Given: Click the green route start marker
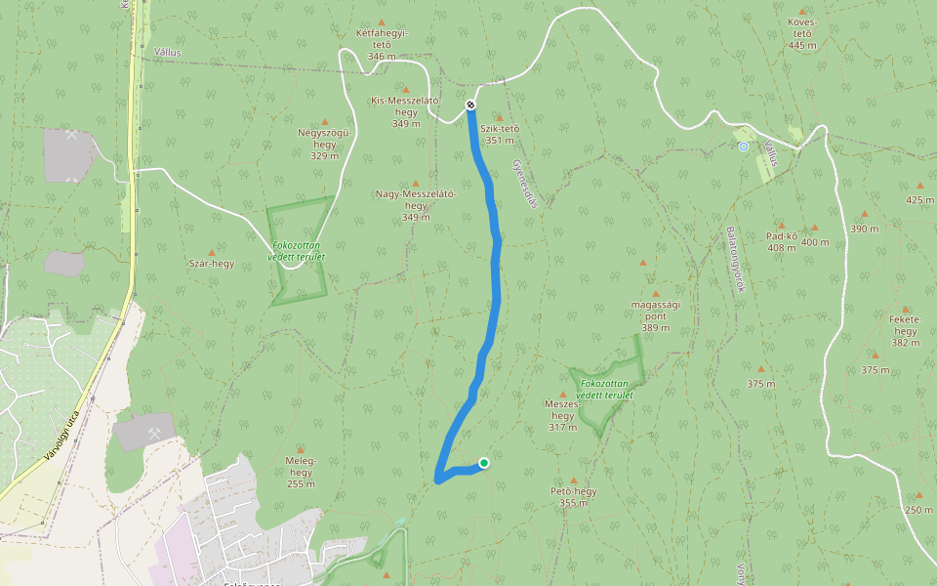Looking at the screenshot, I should (483, 463).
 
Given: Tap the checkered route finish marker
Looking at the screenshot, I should (470, 105).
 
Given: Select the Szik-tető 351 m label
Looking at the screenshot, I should (500, 134).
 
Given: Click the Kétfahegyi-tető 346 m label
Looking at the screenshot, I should (382, 44).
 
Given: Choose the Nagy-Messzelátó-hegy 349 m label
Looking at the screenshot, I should (416, 204).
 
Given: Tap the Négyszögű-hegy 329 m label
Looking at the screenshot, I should (324, 144).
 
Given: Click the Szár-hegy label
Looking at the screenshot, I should (212, 263).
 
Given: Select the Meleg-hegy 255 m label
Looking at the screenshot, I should (301, 472).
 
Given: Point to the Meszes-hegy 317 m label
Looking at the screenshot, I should (563, 414).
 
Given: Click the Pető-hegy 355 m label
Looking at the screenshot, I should (574, 497).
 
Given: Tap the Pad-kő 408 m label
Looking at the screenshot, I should (782, 241).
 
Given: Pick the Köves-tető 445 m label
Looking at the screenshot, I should (802, 33).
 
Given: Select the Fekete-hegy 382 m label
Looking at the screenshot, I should (906, 330).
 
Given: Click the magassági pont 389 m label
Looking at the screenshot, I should (656, 315).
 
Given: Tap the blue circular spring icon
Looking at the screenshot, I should (743, 146).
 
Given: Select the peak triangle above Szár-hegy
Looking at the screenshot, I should (212, 252).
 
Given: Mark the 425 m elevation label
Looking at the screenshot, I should (919, 199).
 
